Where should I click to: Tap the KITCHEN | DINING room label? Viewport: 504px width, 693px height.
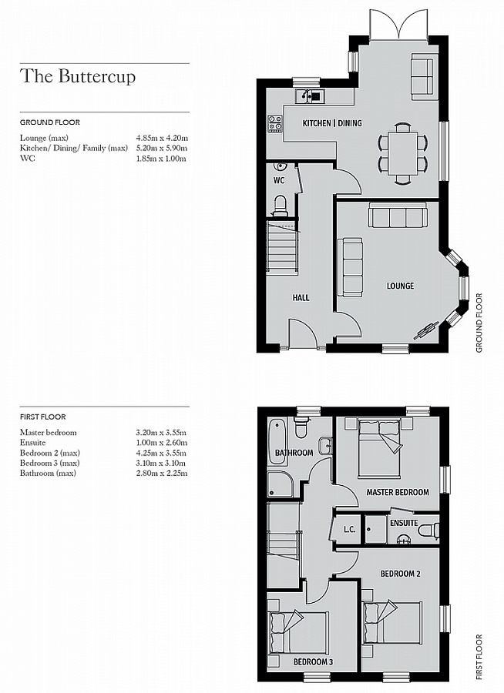click(x=331, y=123)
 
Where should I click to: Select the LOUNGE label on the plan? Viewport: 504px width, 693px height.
click(x=400, y=286)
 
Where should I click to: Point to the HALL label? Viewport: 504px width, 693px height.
click(x=301, y=297)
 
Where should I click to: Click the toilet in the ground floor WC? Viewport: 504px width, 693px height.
click(x=281, y=205)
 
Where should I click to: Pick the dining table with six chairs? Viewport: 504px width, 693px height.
click(x=401, y=152)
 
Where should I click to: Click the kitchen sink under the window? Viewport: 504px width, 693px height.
click(x=311, y=96)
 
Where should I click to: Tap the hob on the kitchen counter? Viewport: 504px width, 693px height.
click(x=274, y=123)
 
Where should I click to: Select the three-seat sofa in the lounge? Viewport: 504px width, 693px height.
click(x=397, y=216)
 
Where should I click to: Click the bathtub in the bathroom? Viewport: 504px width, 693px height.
click(x=277, y=441)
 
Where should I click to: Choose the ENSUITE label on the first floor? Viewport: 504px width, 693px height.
click(x=403, y=523)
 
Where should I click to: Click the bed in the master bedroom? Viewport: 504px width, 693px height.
click(x=379, y=447)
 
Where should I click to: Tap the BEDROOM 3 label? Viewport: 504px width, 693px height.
click(x=313, y=661)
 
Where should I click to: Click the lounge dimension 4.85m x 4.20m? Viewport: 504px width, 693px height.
click(x=162, y=138)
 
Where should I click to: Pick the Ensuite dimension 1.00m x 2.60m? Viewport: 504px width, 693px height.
click(x=162, y=443)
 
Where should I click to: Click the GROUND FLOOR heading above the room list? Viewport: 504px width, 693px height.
click(x=49, y=122)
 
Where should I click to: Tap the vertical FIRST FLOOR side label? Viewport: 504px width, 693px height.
click(x=479, y=657)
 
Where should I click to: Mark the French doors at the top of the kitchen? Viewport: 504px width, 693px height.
click(x=398, y=25)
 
